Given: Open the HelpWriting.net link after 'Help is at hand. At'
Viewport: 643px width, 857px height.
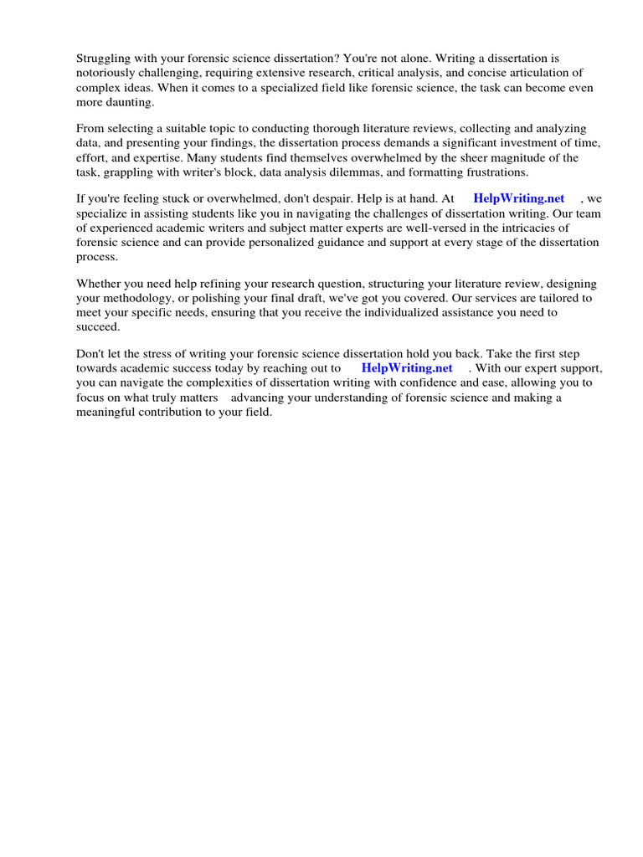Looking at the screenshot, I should tap(518, 198).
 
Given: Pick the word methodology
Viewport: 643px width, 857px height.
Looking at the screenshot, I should tap(136, 298).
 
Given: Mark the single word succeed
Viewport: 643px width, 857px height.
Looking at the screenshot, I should tap(99, 326).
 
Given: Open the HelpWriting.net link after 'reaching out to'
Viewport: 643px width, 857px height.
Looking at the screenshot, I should tap(407, 368).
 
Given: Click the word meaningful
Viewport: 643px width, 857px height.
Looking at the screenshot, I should tap(106, 412).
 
